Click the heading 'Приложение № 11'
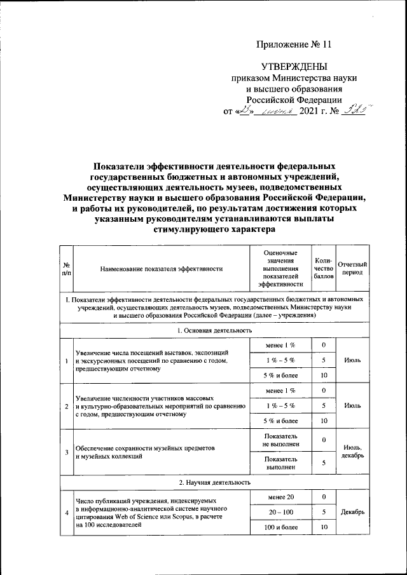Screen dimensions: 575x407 [x=294, y=44]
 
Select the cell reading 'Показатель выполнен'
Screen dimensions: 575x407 [x=280, y=463]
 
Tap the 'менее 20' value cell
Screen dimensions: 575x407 [x=280, y=497]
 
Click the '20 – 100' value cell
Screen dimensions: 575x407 [x=280, y=511]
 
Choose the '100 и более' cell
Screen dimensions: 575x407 [x=280, y=527]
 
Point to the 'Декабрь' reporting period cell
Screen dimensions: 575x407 [x=352, y=511]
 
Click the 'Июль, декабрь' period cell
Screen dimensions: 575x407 [x=352, y=452]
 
